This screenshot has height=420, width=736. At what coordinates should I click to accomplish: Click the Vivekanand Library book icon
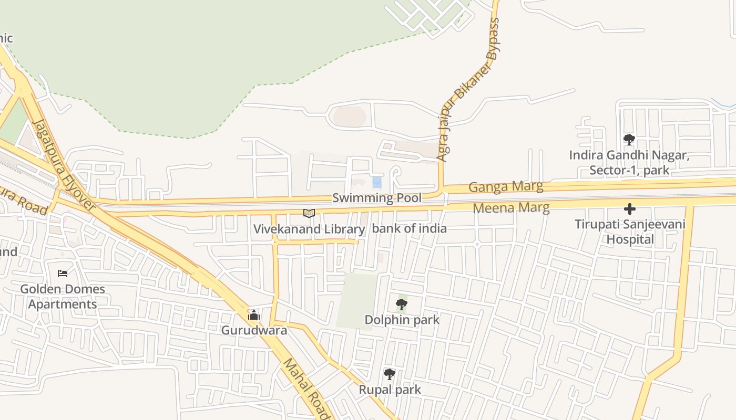click(x=309, y=213)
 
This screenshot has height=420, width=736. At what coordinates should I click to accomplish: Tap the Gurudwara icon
click(x=254, y=315)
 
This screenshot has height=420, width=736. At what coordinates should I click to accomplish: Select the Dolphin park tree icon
click(x=402, y=304)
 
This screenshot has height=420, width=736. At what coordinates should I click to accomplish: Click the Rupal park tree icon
click(x=390, y=374)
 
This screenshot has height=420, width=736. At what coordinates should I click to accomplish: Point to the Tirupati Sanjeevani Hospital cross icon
click(x=629, y=209)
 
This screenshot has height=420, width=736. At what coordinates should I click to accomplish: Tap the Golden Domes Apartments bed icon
click(x=63, y=274)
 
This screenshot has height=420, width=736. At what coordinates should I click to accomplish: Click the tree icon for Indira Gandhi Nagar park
click(x=629, y=140)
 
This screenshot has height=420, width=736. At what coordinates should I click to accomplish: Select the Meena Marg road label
click(x=511, y=208)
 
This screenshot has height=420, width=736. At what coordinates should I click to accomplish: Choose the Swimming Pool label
click(x=376, y=198)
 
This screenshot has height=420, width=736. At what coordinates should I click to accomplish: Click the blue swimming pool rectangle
click(x=377, y=182)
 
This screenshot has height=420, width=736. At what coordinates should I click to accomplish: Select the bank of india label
click(x=409, y=228)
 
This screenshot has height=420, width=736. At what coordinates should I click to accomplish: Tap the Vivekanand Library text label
click(x=309, y=229)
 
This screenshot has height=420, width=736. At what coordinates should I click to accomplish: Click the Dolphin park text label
click(x=402, y=320)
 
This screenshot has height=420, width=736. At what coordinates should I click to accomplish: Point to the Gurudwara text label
click(x=254, y=330)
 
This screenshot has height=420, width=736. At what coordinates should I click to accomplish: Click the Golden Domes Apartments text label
click(x=63, y=297)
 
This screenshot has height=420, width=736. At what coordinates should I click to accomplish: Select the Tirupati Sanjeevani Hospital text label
click(x=630, y=232)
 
